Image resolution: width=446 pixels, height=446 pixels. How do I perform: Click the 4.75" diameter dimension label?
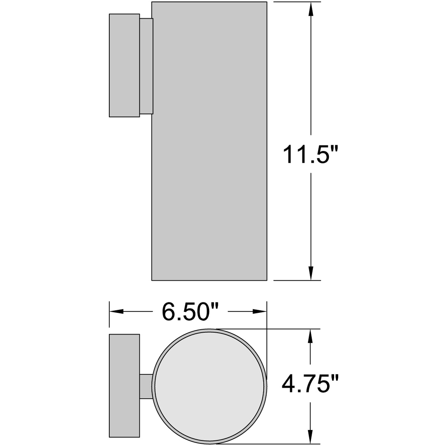coord(310,385)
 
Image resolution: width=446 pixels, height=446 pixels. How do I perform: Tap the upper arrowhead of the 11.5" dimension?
coord(311,9)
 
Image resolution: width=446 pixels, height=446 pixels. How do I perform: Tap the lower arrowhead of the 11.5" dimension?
coord(311,273)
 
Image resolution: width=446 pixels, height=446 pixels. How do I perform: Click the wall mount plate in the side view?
coord(124,65)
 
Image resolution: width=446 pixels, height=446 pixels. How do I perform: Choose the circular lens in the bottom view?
coord(210,387)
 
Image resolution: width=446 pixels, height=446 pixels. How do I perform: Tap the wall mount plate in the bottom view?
coord(124,386)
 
